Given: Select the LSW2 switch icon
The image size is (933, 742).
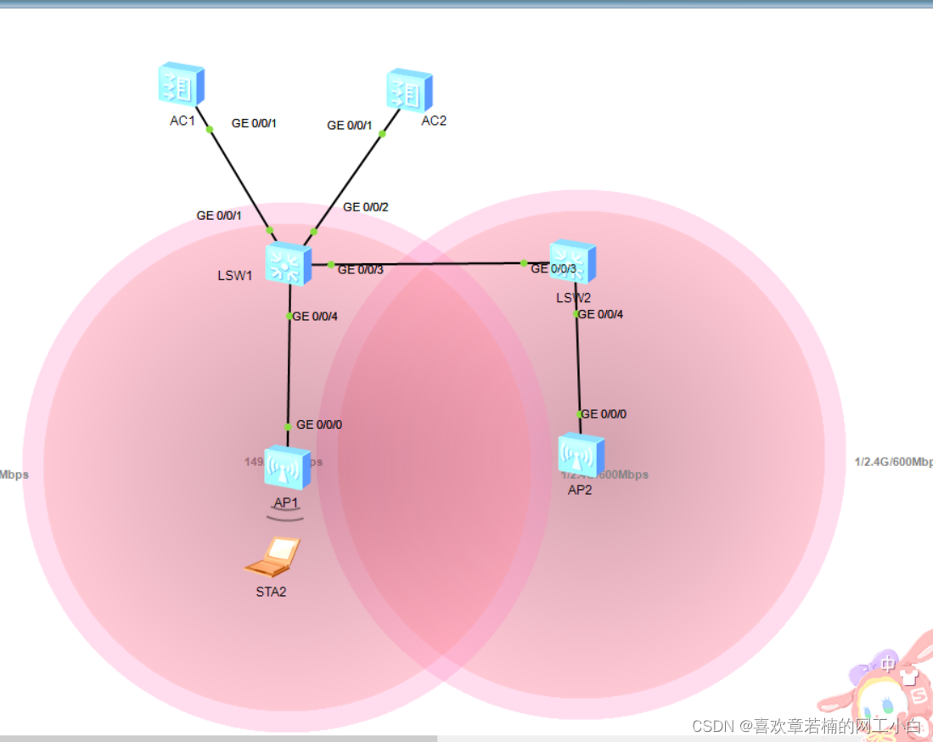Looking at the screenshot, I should (x=572, y=261).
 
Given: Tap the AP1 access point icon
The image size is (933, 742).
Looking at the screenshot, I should (x=288, y=468).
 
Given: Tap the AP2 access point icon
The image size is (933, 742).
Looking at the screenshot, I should (x=581, y=454).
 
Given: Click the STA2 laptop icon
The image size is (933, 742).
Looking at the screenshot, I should (x=273, y=557).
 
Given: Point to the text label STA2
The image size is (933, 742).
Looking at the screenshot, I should (x=271, y=592).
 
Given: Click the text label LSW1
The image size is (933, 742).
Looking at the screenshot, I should (x=235, y=275).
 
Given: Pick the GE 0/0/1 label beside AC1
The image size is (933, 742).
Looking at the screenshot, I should (x=254, y=123).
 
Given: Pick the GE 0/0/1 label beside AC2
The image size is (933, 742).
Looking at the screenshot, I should (x=350, y=126).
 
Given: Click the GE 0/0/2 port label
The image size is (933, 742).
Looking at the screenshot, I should (x=366, y=207).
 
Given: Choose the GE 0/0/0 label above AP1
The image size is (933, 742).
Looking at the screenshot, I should (x=319, y=424).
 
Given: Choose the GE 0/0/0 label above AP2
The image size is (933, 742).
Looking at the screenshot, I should (x=604, y=414).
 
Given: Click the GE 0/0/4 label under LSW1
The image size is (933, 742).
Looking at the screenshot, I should (x=316, y=317).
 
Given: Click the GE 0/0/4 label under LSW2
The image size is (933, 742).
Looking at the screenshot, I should (x=600, y=314).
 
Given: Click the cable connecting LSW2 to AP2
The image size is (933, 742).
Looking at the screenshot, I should (x=578, y=365).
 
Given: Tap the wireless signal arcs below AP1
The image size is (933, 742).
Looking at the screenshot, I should (x=285, y=514).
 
